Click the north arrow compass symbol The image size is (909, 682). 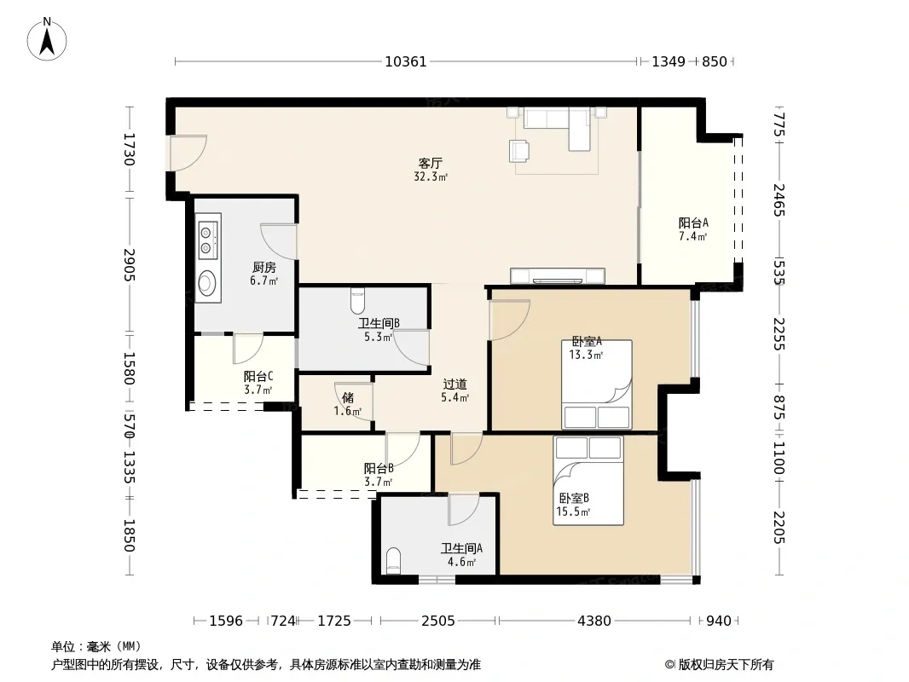[x=47, y=39]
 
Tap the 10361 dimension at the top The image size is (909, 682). [x=406, y=61]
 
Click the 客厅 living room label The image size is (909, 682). [x=430, y=164]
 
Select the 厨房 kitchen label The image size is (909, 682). [x=264, y=268]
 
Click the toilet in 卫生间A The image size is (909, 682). [x=393, y=560]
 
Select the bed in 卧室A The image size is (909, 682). [x=597, y=384]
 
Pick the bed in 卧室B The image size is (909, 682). [x=588, y=480]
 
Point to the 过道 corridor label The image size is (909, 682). [x=455, y=384]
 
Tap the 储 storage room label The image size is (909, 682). [x=348, y=397]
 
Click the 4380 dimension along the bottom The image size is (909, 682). [x=594, y=621]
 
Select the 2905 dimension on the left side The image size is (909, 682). [x=129, y=265]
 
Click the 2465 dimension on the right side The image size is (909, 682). [x=779, y=199]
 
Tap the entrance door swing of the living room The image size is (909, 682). [x=188, y=153]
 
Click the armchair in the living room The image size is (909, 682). [x=519, y=151]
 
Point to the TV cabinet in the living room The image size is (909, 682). [x=557, y=276]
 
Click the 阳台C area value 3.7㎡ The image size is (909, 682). [x=258, y=390]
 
